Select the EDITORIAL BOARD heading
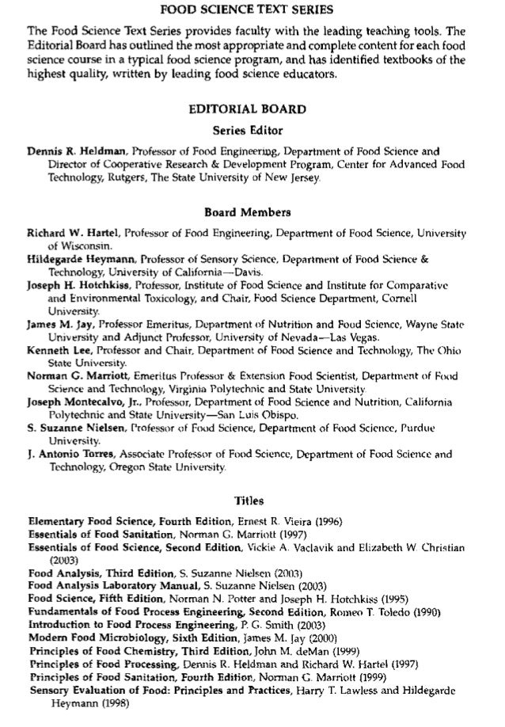tap(251, 108)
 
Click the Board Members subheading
tap(251, 212)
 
